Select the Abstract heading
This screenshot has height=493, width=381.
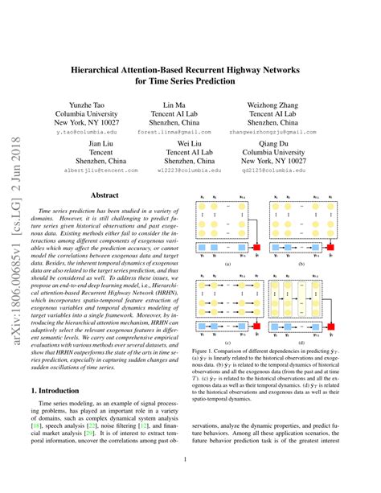pos(105,195)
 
